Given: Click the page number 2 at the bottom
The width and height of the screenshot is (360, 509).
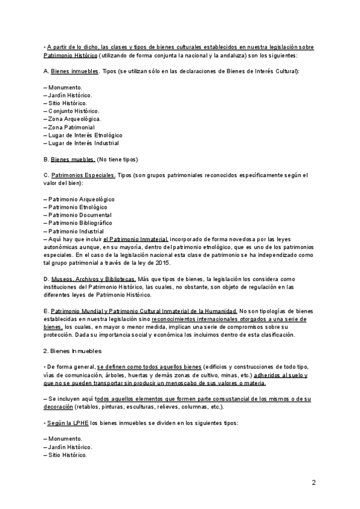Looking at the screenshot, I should [x=314, y=483].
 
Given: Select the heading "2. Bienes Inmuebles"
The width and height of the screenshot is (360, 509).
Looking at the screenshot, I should [x=73, y=351].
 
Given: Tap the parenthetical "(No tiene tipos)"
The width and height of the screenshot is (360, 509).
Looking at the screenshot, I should [x=118, y=159].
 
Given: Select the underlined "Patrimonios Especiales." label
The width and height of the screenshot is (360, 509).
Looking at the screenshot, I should [x=83, y=175].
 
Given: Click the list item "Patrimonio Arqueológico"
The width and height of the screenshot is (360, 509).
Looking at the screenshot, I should [x=81, y=199].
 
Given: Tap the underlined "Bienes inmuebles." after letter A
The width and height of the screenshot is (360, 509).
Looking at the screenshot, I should [x=75, y=71].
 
